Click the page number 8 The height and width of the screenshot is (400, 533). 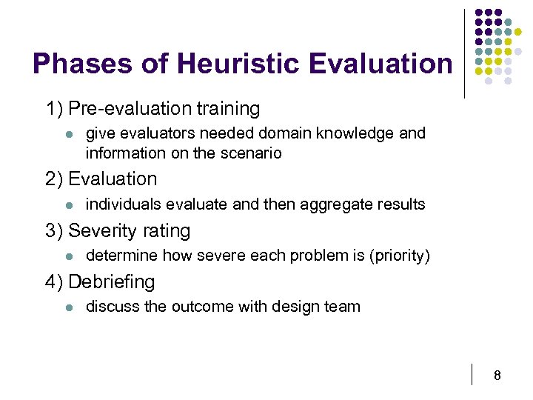pos(497,376)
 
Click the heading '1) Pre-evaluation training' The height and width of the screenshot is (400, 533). pos(152,109)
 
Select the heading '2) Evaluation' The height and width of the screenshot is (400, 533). pos(101,179)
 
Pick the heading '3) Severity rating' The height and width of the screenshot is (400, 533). pos(118,231)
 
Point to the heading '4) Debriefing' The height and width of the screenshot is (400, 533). pos(100,282)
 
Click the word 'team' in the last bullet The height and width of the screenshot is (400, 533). pos(343,307)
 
